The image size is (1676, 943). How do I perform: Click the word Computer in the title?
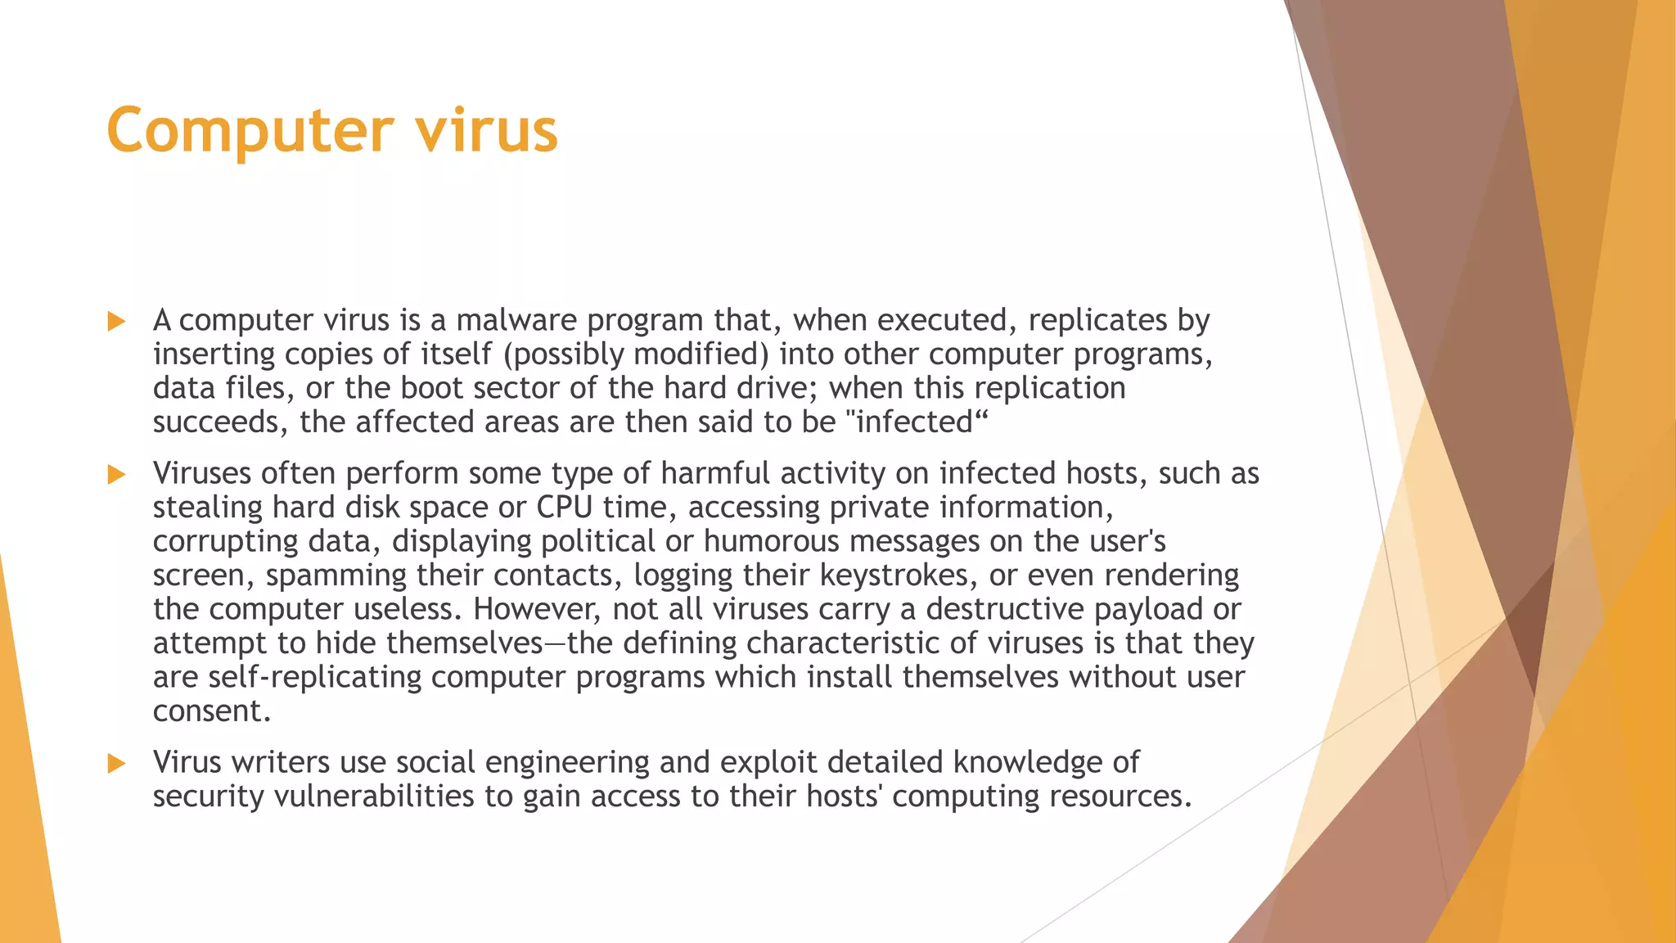pyautogui.click(x=250, y=131)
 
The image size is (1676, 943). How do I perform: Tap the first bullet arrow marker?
pyautogui.click(x=116, y=321)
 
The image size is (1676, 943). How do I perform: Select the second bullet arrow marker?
pyautogui.click(x=116, y=474)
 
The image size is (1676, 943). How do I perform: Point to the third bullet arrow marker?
pyautogui.click(x=116, y=763)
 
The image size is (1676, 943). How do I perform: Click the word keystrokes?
pyautogui.click(x=894, y=575)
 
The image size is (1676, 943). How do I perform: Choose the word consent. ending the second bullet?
pyautogui.click(x=211, y=711)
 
